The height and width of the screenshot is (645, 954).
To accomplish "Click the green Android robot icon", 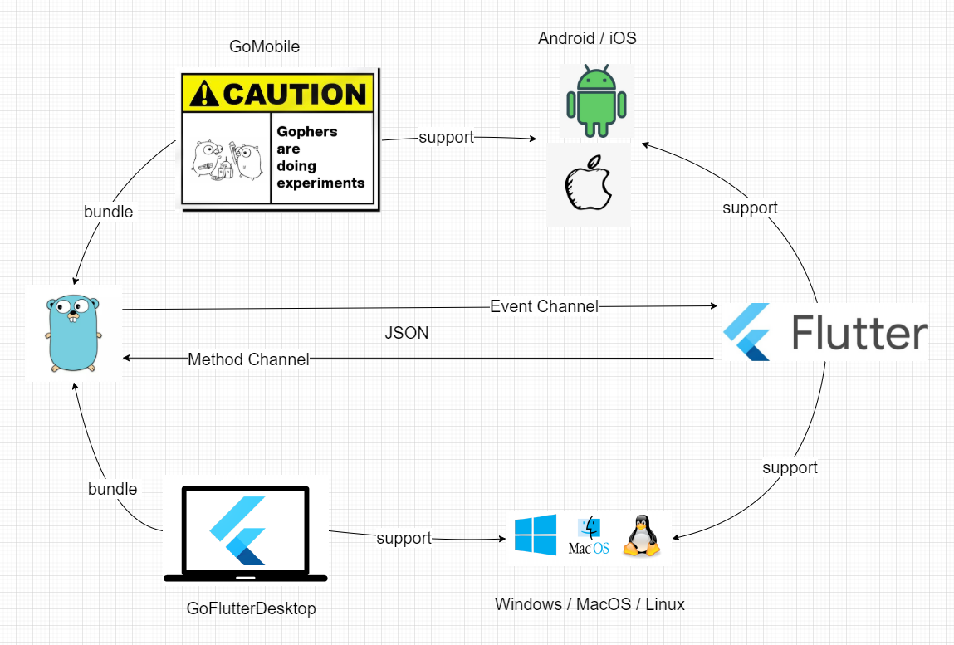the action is click(596, 100).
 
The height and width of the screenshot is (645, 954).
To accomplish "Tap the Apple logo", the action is click(589, 183).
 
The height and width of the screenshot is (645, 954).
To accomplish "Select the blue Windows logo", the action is click(536, 535).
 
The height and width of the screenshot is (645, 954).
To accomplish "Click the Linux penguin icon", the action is click(641, 535).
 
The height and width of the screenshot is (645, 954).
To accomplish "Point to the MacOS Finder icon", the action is click(589, 535).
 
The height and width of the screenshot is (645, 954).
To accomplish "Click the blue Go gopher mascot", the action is click(74, 333).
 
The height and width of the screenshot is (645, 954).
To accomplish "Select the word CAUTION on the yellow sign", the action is click(295, 94).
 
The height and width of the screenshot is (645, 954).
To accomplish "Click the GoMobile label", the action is click(264, 46).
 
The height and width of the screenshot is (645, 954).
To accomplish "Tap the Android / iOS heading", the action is click(587, 37).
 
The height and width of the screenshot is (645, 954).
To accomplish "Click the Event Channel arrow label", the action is click(544, 306).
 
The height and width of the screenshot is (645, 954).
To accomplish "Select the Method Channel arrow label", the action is click(248, 359).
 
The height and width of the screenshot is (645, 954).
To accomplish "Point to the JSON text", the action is click(406, 332).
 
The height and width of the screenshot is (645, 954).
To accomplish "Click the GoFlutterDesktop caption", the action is click(251, 608).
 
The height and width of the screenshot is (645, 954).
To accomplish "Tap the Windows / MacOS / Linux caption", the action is click(590, 604).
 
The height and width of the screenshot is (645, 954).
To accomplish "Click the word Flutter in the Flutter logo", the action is click(859, 332).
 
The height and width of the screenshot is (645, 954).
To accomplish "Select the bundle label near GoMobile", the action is click(108, 212).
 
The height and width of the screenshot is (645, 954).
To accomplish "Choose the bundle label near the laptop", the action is click(113, 489).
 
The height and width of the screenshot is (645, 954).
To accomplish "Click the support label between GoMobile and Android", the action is click(446, 138).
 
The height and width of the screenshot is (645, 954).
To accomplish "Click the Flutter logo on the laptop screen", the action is click(238, 531).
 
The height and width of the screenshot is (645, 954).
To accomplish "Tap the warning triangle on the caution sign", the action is click(203, 94).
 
